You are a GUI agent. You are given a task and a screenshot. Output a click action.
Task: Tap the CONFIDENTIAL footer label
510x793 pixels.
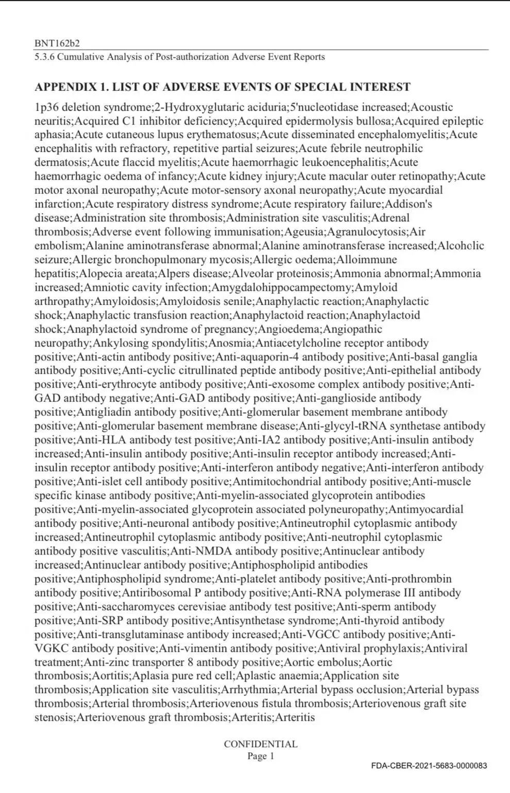point(260,744)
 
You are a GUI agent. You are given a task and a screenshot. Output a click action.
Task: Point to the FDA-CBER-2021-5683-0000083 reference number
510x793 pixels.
point(429,766)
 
